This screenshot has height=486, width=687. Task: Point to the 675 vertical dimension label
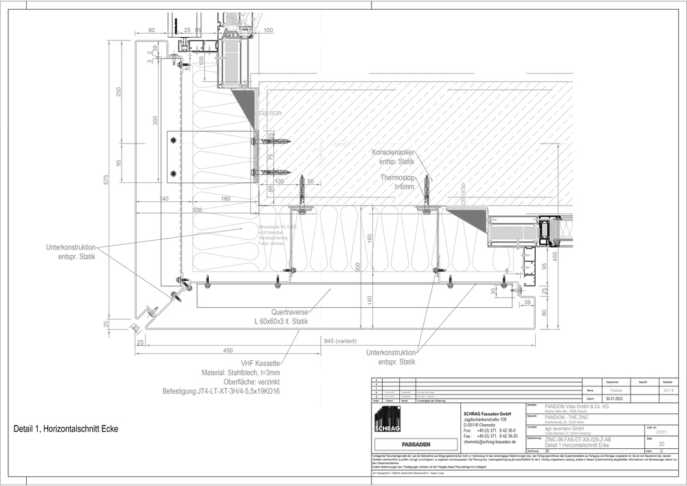click(x=106, y=181)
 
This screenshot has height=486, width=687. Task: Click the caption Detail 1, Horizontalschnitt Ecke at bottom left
click(x=66, y=429)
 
